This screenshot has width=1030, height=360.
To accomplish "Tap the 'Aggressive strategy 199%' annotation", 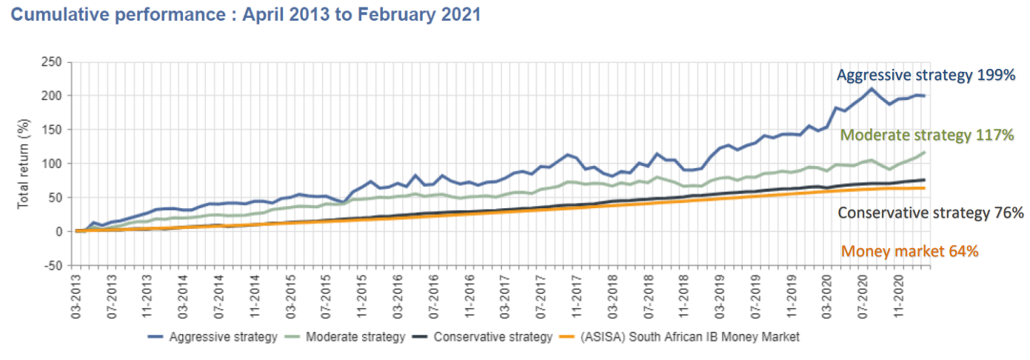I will pyautogui.click(x=926, y=75).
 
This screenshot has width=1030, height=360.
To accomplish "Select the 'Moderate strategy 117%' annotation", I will pyautogui.click(x=927, y=136).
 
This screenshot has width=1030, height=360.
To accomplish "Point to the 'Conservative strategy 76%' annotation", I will pyautogui.click(x=930, y=213).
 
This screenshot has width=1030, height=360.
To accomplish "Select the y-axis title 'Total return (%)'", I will pyautogui.click(x=24, y=164).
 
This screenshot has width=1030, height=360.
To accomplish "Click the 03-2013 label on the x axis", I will pyautogui.click(x=77, y=299).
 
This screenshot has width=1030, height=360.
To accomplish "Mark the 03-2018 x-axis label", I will pyautogui.click(x=615, y=299).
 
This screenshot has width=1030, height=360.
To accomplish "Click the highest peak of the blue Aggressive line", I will pyautogui.click(x=872, y=89).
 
